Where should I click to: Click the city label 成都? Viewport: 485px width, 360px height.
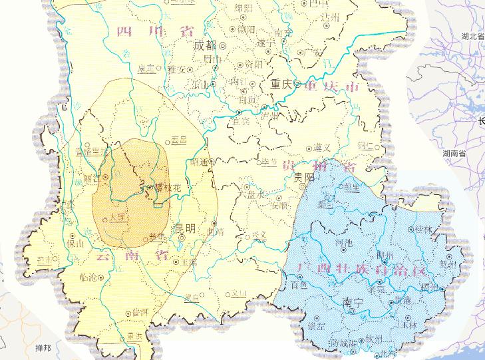tap(205, 45)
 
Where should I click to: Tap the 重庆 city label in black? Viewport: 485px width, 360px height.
tap(282, 85)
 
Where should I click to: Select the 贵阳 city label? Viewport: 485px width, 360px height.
tap(303, 177)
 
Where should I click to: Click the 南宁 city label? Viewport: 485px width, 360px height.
tap(353, 303)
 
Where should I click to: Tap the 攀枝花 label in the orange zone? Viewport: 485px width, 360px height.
tap(167, 188)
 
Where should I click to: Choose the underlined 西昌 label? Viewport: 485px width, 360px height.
tap(179, 140)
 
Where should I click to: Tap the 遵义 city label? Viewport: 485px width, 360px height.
tap(323, 147)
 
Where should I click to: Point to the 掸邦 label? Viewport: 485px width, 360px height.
tap(44, 348)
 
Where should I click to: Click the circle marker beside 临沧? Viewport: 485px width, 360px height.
tap(101, 277)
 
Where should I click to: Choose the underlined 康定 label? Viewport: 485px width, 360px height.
tap(146, 68)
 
